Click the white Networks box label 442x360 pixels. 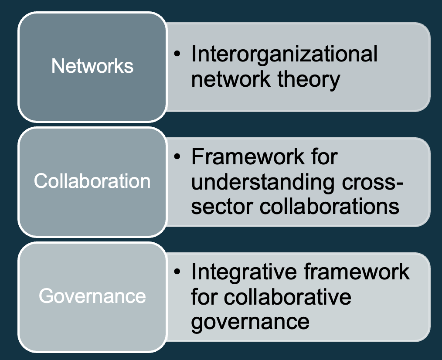pyautogui.click(x=92, y=66)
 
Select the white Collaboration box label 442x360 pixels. pyautogui.click(x=92, y=181)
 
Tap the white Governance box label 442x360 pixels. pyautogui.click(x=92, y=296)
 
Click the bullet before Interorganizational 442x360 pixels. pyautogui.click(x=177, y=54)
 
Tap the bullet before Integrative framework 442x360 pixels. pyautogui.click(x=177, y=272)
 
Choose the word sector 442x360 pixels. pyautogui.click(x=222, y=207)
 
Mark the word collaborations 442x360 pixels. pyautogui.click(x=330, y=207)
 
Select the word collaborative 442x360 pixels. pyautogui.click(x=288, y=297)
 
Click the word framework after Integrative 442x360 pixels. pyautogui.click(x=356, y=272)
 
